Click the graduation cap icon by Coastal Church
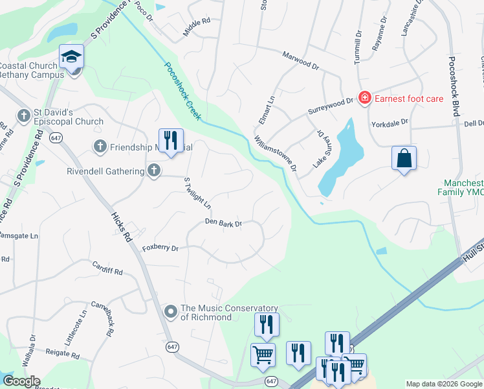(x=72, y=57)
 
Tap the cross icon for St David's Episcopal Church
(x=24, y=115)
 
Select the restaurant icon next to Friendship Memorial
(x=171, y=140)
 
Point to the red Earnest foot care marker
(x=365, y=98)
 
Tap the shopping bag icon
(x=404, y=158)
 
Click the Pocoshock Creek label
(x=183, y=91)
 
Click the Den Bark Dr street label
(x=223, y=223)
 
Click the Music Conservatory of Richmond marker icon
(x=171, y=312)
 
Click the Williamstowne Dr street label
(x=275, y=154)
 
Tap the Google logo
(x=21, y=381)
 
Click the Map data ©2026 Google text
(x=444, y=384)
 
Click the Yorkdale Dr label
(x=390, y=122)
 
